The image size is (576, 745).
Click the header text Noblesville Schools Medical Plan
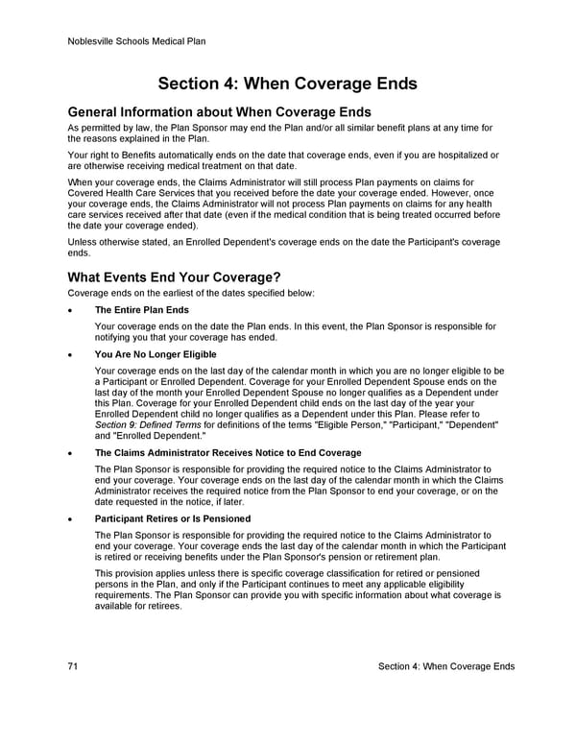[x=137, y=41]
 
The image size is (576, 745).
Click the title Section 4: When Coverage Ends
[x=287, y=84]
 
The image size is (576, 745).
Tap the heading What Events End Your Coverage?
[x=174, y=276]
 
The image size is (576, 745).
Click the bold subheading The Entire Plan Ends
[x=141, y=310]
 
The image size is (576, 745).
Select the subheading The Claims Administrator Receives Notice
[x=228, y=452]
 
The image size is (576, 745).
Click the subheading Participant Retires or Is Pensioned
[x=173, y=518]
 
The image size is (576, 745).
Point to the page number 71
[x=74, y=666]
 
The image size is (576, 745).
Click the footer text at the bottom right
[x=446, y=666]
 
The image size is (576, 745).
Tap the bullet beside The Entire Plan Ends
[x=71, y=311]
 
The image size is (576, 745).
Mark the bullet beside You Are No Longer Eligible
[x=71, y=355]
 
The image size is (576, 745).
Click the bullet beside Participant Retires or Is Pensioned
[x=71, y=519]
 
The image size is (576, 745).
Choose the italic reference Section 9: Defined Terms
[x=146, y=424]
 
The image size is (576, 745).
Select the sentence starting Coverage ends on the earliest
[x=191, y=293]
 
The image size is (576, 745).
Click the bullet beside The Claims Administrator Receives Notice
[x=71, y=453]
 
